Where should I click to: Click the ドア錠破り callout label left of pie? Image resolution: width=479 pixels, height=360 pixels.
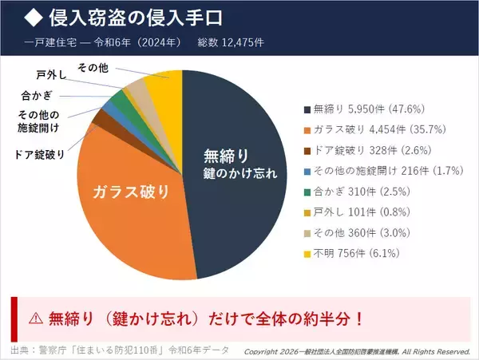tap(40, 154)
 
